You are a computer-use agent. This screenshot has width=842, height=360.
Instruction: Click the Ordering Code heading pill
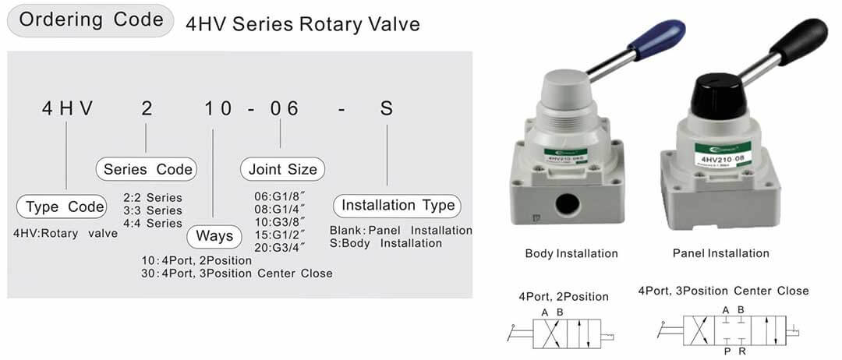(90, 21)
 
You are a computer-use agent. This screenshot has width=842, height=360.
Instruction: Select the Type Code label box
(64, 206)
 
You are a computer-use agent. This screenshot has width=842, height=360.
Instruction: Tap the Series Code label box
(147, 169)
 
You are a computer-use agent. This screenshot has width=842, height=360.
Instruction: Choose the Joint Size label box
(282, 169)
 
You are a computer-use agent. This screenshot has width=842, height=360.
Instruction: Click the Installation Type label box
(398, 206)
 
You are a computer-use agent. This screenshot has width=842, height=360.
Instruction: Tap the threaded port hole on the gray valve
(568, 206)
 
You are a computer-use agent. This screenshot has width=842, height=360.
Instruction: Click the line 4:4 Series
(153, 223)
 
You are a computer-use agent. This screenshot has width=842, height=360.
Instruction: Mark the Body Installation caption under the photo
(571, 253)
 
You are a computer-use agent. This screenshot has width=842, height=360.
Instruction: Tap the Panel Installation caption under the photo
(720, 253)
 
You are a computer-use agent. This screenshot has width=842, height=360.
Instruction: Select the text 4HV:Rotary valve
(65, 233)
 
